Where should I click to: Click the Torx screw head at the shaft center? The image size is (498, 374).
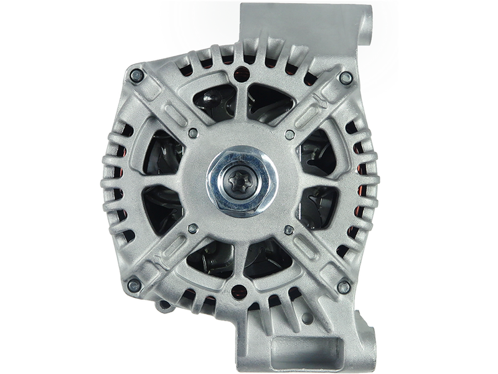(x=239, y=181)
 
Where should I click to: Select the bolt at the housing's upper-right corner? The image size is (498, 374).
(x=344, y=77)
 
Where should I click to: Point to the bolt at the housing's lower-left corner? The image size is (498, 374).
(x=133, y=285)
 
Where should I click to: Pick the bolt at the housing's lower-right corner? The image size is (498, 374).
(x=343, y=287)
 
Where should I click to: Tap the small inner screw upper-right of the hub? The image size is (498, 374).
(x=289, y=134)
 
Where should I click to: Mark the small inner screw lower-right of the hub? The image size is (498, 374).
(x=288, y=231)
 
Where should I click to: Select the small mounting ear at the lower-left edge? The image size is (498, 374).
(x=163, y=305)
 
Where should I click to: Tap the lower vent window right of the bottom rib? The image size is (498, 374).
(x=268, y=262)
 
